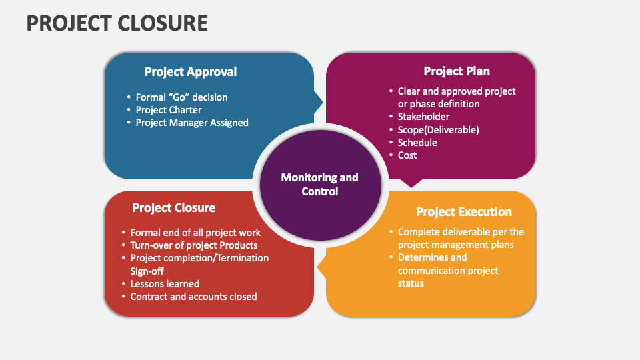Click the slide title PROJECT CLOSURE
click(x=117, y=23)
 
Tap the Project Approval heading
click(x=191, y=72)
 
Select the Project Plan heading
click(x=457, y=71)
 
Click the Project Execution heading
click(x=463, y=212)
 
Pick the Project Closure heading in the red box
click(x=173, y=208)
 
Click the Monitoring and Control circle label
click(x=319, y=184)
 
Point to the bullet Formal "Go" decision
click(x=181, y=97)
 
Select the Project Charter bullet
click(x=168, y=110)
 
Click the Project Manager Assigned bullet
click(x=191, y=123)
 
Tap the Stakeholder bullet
click(x=423, y=117)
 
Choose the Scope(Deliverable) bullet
click(x=438, y=130)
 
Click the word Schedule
click(x=417, y=143)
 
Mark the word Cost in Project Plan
click(x=407, y=155)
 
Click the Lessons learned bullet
click(x=165, y=284)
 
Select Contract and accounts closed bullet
click(x=193, y=297)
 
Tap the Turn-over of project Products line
click(x=194, y=245)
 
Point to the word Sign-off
click(x=147, y=271)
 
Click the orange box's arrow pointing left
click(x=321, y=268)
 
